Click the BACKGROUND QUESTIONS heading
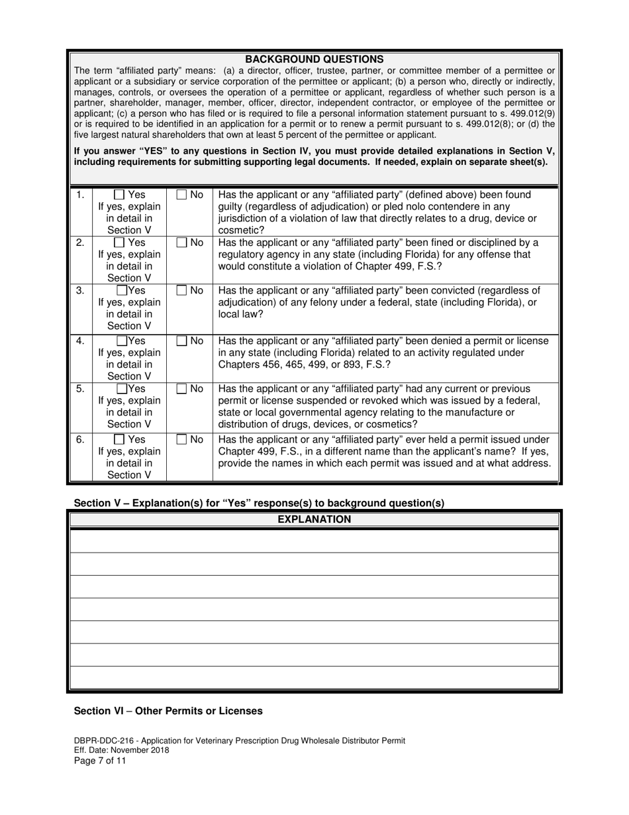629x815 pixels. tap(314, 59)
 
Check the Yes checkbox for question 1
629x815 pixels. tap(119, 195)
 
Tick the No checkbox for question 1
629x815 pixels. tap(181, 195)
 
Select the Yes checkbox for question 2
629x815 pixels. tap(119, 243)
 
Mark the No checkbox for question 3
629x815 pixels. tap(181, 290)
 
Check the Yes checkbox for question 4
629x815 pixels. tap(122, 341)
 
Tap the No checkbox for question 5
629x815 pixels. tap(181, 389)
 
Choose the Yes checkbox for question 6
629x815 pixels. tap(119, 439)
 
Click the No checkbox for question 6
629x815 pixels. tap(181, 439)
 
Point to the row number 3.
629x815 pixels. tap(80, 290)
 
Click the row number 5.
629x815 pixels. tap(80, 389)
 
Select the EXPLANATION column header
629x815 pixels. tap(314, 519)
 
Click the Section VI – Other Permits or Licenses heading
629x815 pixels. tap(168, 711)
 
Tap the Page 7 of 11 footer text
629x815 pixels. tap(100, 761)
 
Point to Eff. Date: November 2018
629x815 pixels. tap(121, 751)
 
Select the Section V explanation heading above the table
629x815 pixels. tap(259, 503)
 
